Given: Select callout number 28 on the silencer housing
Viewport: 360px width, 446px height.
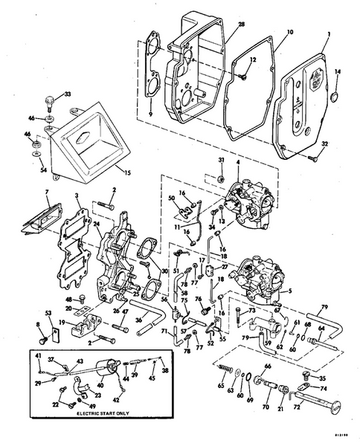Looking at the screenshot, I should point(241,25).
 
